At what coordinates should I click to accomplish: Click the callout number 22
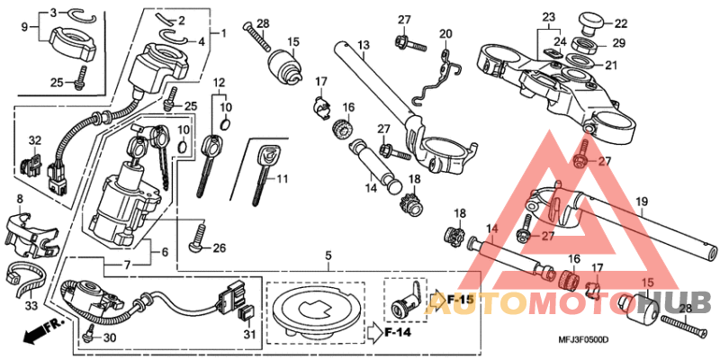click(622, 23)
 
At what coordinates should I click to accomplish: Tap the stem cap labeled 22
click(592, 21)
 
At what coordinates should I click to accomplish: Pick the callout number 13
click(364, 45)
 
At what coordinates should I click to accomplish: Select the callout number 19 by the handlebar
click(642, 201)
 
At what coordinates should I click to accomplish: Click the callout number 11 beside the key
click(281, 179)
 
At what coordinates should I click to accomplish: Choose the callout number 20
click(445, 33)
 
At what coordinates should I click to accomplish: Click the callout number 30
click(110, 337)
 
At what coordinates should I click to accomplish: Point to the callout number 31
click(251, 337)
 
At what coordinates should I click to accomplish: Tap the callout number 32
click(35, 140)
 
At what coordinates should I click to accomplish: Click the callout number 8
click(20, 197)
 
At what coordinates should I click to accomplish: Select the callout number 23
click(548, 17)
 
